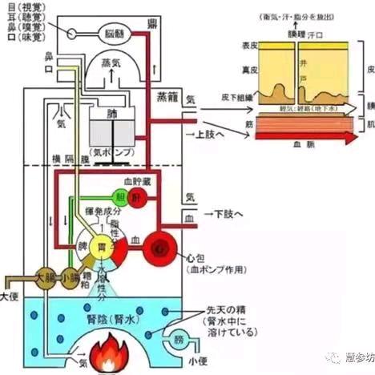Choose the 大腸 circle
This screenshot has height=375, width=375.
[46, 280]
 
